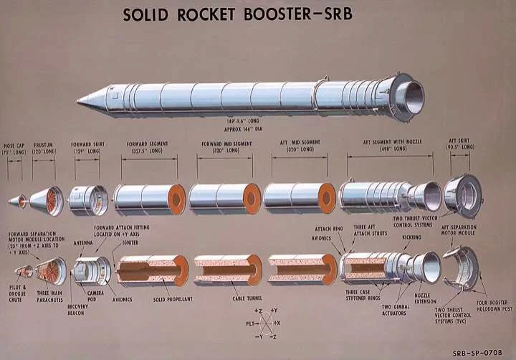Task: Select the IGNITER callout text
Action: pos(130,243)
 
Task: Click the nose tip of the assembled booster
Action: pos(79,102)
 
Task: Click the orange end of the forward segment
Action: pos(176,199)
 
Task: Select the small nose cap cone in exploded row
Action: pos(17,202)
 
